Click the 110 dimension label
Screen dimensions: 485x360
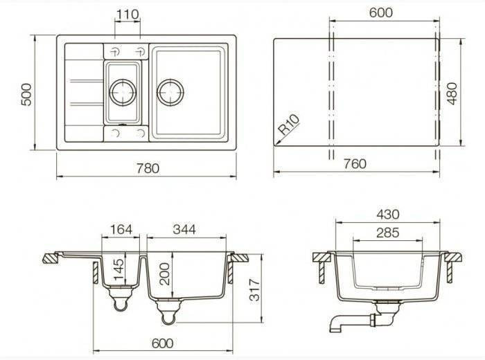click(x=127, y=15)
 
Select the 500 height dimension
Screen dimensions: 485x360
click(x=26, y=94)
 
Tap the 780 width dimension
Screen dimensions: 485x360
click(x=148, y=168)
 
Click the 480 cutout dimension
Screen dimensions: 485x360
click(x=452, y=93)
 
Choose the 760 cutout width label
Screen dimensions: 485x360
click(x=355, y=164)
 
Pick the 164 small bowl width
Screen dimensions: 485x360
click(x=121, y=230)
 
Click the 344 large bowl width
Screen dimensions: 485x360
click(x=185, y=230)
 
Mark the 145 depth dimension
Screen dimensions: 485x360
click(x=118, y=269)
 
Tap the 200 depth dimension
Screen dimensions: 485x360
click(x=165, y=273)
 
